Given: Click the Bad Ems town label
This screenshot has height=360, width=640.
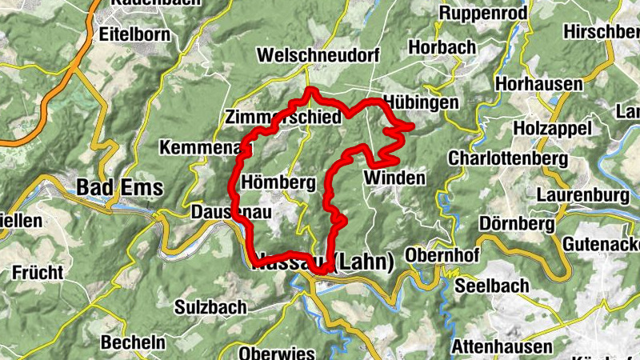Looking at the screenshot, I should pyautogui.click(x=119, y=188).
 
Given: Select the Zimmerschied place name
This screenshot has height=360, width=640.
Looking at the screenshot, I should pyautogui.click(x=284, y=117).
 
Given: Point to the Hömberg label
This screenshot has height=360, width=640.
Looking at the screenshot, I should pyautogui.click(x=278, y=182).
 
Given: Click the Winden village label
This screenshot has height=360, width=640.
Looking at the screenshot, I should pyautogui.click(x=394, y=178).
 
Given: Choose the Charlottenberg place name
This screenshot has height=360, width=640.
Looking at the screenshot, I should pyautogui.click(x=508, y=158).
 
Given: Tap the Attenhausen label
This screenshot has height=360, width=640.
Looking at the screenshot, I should pyautogui.click(x=502, y=346).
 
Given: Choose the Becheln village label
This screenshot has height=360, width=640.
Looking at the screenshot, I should pyautogui.click(x=134, y=342).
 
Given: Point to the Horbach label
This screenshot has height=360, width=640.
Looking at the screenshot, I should pyautogui.click(x=442, y=48).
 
